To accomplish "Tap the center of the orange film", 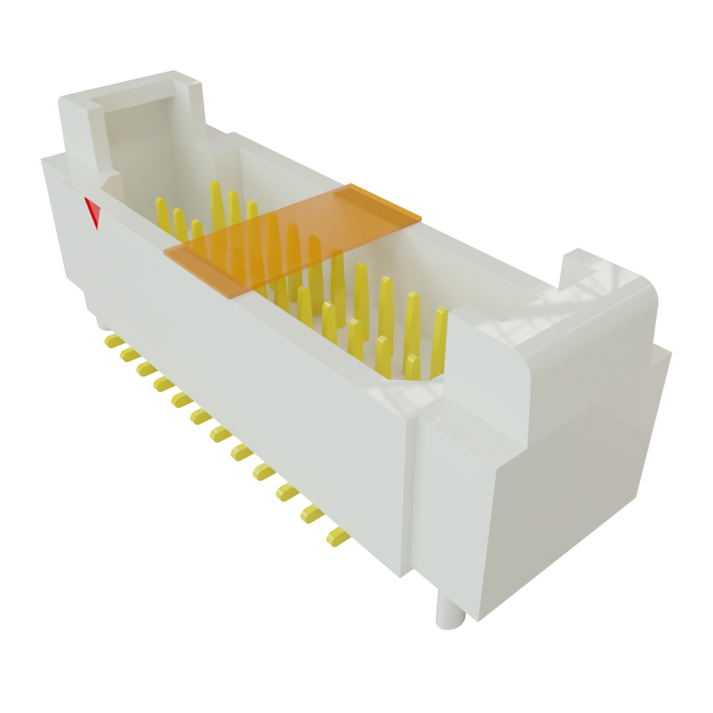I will click(292, 240).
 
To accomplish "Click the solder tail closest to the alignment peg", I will click(336, 536).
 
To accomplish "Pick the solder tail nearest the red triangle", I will click(111, 340).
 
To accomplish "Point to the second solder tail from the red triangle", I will click(128, 355).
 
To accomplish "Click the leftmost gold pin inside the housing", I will click(162, 216).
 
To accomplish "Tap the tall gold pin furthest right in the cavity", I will click(439, 341).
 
